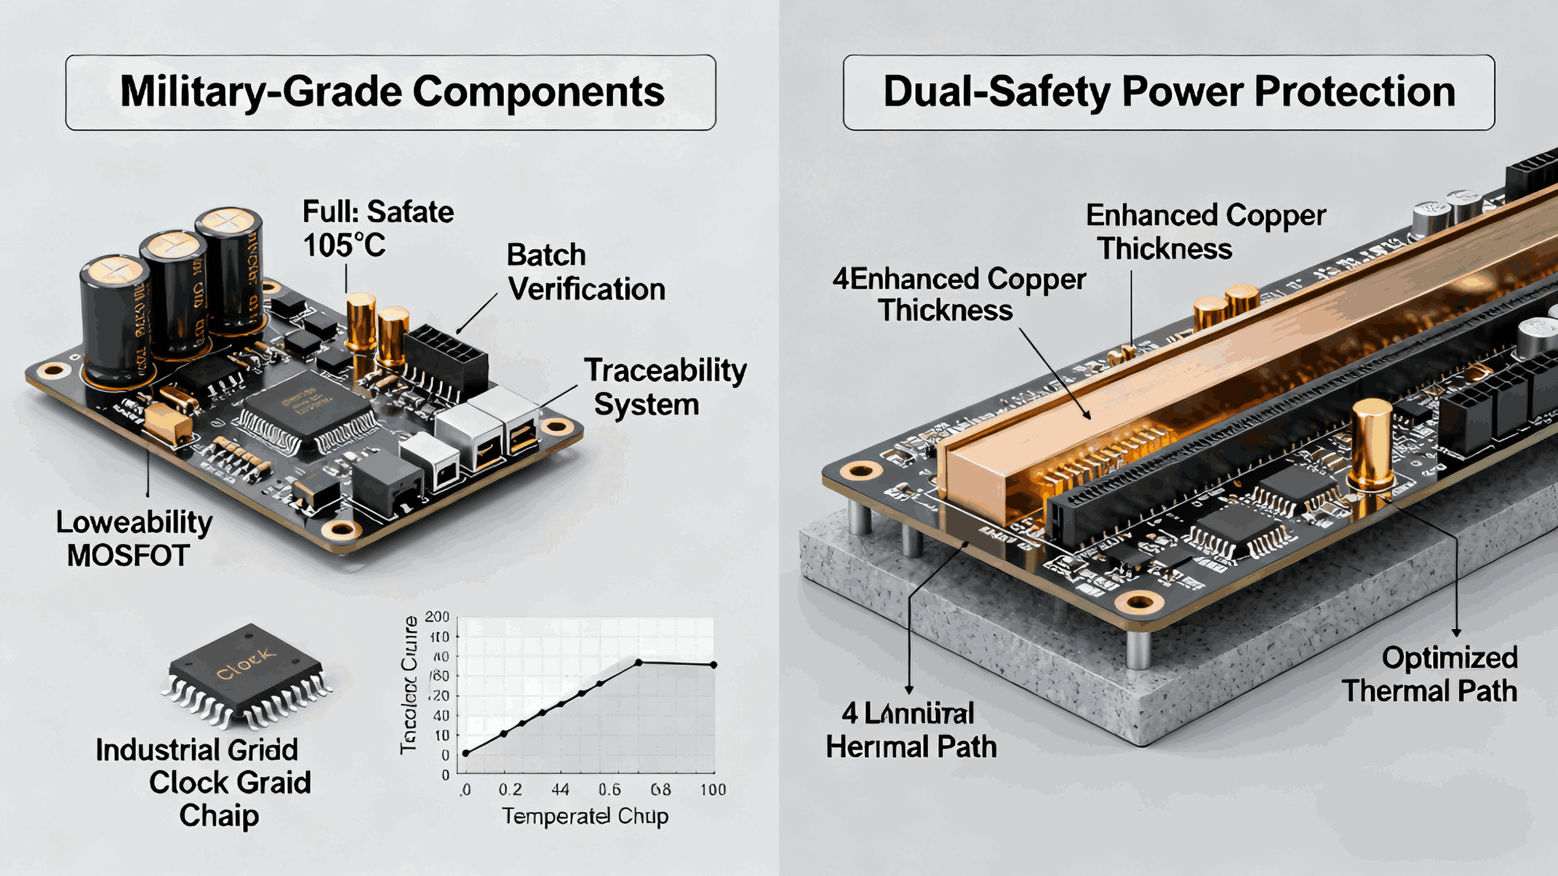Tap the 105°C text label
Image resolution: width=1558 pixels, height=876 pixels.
pyautogui.click(x=344, y=246)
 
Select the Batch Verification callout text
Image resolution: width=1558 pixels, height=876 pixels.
pyautogui.click(x=586, y=272)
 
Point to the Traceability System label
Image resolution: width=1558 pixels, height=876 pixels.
pyautogui.click(x=664, y=387)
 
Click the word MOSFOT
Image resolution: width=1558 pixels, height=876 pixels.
pyautogui.click(x=128, y=556)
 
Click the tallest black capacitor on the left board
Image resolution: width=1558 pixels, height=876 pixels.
pyautogui.click(x=230, y=272)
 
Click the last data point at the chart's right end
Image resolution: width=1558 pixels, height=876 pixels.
pyautogui.click(x=714, y=665)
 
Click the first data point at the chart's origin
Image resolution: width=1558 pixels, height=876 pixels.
pyautogui.click(x=466, y=753)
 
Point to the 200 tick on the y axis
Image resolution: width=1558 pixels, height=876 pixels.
pyautogui.click(x=437, y=617)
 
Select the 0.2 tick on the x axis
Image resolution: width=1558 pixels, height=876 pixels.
pyautogui.click(x=510, y=790)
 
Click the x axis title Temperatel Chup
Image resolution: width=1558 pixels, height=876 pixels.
pyautogui.click(x=585, y=816)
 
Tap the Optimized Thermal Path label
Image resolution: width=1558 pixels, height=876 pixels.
pyautogui.click(x=1430, y=675)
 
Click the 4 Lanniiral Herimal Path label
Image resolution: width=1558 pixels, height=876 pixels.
pyautogui.click(x=910, y=730)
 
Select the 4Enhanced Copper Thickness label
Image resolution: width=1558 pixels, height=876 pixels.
pyautogui.click(x=959, y=294)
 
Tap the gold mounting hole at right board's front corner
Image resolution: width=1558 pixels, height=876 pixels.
pyautogui.click(x=1139, y=602)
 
